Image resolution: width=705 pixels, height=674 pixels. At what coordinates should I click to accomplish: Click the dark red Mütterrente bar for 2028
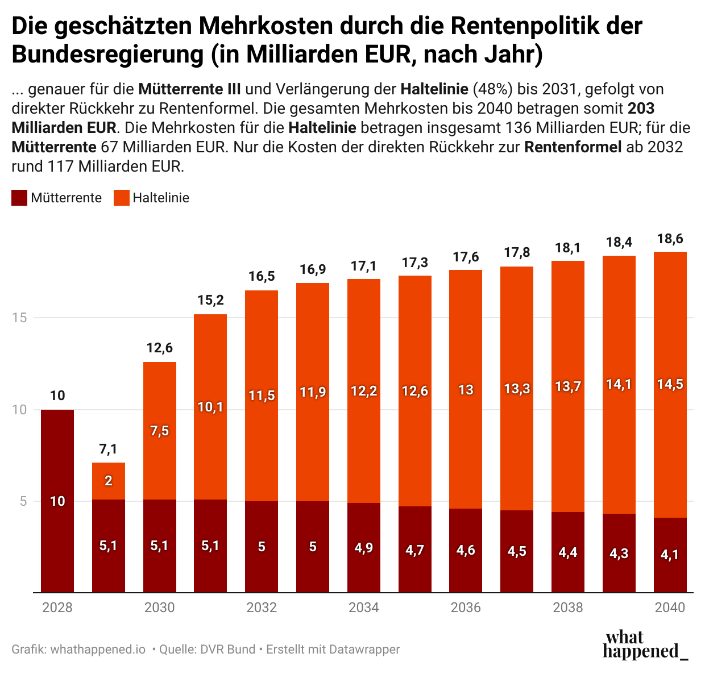point(57,500)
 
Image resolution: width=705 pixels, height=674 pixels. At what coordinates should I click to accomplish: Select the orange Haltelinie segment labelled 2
point(109,481)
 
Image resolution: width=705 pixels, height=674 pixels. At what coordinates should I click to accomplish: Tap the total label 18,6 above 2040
point(670,239)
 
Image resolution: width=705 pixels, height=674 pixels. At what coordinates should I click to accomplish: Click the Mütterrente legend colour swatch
point(19,198)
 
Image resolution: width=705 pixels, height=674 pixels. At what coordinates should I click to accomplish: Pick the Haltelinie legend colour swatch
point(122,198)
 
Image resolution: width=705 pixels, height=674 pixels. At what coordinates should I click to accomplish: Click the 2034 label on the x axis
point(364,608)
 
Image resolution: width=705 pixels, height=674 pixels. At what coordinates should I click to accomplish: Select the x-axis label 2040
point(670,608)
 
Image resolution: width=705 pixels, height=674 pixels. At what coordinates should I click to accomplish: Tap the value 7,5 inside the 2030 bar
point(160,431)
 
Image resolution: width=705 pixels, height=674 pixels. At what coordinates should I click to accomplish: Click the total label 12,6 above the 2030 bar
point(160,348)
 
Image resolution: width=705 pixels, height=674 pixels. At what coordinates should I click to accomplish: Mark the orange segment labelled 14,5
point(670,384)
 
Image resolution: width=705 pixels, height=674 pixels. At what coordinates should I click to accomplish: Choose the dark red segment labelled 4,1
point(670,555)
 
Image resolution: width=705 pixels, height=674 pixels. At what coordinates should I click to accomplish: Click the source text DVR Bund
point(227,649)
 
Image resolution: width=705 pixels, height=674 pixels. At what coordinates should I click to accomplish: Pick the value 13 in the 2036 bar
point(466,390)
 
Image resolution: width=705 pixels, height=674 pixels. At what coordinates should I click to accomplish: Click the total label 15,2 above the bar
point(210,300)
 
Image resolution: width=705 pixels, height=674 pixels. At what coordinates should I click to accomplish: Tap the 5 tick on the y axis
point(23,501)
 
